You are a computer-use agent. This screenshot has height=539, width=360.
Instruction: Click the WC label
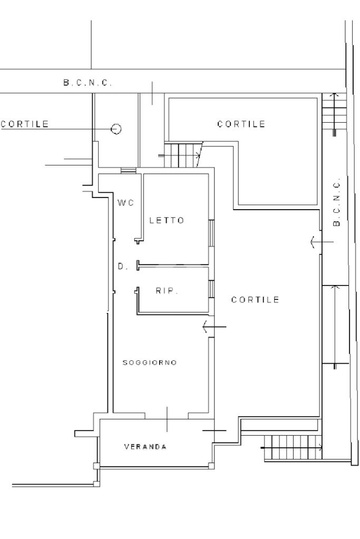pos(125,203)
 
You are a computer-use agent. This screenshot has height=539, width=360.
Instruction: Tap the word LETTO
pos(167,220)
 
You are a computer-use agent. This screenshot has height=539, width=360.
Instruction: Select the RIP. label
pos(167,291)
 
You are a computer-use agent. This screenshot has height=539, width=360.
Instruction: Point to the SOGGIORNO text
pos(150,362)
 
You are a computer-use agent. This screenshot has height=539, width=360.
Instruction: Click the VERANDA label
pos(145,447)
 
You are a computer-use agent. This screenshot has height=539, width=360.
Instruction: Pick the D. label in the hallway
pos(123,266)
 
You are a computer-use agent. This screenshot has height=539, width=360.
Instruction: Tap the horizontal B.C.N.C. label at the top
pos(87,83)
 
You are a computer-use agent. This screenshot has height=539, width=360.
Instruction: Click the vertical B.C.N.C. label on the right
pos(337,202)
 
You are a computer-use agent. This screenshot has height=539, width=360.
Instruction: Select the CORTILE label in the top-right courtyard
pos(241,124)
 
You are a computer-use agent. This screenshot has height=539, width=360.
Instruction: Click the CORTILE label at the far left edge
pos(25,124)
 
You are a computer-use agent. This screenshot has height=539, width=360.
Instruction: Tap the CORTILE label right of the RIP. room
pos(255,300)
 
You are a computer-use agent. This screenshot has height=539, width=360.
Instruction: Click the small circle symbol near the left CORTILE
pos(116,129)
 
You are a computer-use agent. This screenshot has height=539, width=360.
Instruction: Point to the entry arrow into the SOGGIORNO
pos(214,327)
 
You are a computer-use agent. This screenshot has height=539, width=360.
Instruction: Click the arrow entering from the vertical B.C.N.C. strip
pos(322,242)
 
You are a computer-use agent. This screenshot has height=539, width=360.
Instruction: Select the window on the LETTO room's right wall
pos(211,233)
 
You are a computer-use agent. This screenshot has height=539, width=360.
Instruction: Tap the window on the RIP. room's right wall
pos(211,289)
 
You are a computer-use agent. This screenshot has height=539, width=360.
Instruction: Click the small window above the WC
pos(129,171)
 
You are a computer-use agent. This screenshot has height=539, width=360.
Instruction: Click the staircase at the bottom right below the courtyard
pos(293,447)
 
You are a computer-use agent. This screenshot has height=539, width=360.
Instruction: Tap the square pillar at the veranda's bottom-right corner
pos(211,465)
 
